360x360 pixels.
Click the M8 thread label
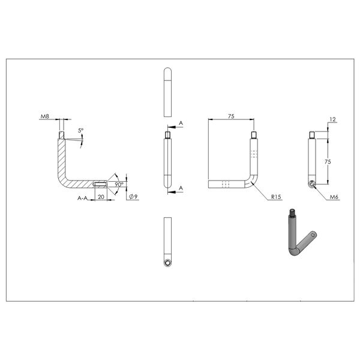[x=45, y=116]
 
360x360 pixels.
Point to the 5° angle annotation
[x=80, y=130]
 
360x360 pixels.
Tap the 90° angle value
[x=119, y=184]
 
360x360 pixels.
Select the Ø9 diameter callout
[x=133, y=197]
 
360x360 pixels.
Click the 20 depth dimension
[x=101, y=197]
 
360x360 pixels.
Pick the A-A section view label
[x=82, y=198]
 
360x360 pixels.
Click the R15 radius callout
[x=276, y=197]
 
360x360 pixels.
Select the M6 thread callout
[x=334, y=197]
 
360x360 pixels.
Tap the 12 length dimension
[x=332, y=119]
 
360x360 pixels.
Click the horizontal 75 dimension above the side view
[x=231, y=116]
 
